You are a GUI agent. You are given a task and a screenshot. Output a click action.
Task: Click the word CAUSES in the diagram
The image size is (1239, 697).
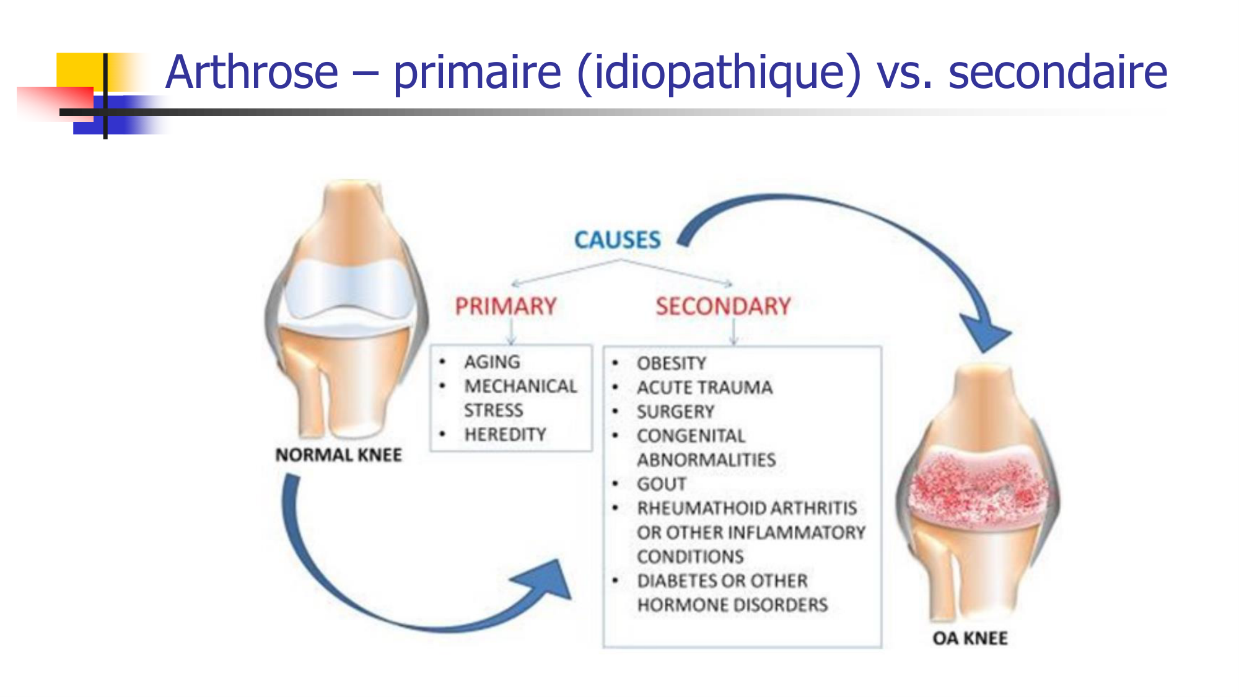[618, 240]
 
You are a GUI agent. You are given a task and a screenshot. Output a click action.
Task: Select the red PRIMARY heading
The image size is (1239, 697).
[506, 306]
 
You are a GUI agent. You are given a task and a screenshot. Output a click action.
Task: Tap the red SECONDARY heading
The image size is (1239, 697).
[724, 306]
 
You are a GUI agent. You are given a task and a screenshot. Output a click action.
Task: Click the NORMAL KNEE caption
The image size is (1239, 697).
[339, 455]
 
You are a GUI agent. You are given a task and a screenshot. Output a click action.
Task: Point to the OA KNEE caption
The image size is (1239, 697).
[970, 638]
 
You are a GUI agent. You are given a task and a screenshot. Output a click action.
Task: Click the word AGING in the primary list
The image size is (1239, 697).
[493, 362]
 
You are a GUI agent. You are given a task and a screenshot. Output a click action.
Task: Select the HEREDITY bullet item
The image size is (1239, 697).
[506, 434]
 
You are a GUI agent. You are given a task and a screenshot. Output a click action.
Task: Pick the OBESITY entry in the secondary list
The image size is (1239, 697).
[672, 363]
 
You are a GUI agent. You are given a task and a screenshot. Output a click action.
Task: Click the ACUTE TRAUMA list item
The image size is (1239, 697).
[705, 387]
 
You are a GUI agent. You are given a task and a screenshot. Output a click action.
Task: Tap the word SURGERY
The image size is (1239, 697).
[676, 411]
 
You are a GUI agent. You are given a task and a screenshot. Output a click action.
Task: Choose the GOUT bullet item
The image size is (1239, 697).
[662, 484]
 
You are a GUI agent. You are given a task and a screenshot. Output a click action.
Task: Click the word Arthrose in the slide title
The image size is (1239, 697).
[252, 72]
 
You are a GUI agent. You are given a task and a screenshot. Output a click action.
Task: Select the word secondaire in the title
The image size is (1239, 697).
[1058, 72]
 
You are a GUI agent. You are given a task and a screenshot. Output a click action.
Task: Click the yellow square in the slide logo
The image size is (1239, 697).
[81, 71]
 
